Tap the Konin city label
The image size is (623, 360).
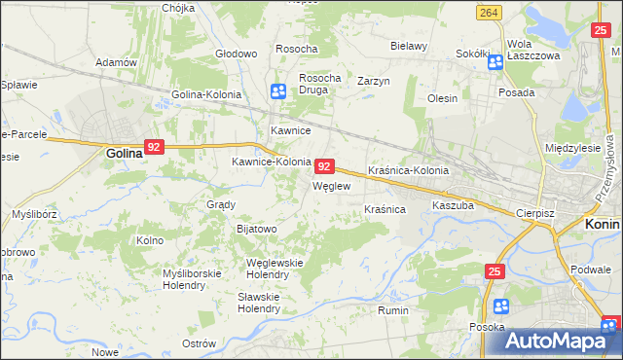[603, 223]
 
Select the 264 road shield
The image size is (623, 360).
[490, 12]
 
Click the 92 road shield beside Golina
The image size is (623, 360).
[154, 147]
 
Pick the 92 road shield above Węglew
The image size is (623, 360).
[326, 166]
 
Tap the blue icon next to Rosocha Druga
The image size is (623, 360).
[277, 91]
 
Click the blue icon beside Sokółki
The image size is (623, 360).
[495, 63]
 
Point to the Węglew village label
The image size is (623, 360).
[330, 185]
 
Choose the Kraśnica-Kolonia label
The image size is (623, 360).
[408, 170]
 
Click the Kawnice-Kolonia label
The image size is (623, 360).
[271, 162]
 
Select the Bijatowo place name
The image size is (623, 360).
[257, 229]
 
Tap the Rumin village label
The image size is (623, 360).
[392, 310]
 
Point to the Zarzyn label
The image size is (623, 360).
[373, 81]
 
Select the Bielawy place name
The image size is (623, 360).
[409, 46]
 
